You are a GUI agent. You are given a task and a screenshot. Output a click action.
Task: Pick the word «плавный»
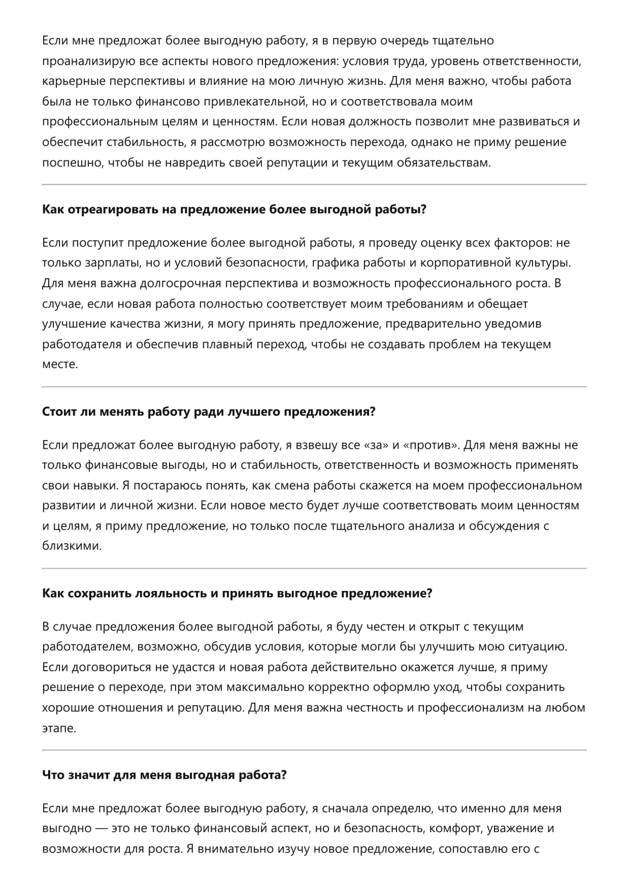226,344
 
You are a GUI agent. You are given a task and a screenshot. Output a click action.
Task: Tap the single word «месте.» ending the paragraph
60,365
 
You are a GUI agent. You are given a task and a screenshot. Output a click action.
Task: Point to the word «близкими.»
72,546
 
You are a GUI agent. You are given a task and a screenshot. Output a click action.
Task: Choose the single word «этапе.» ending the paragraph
59,728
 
